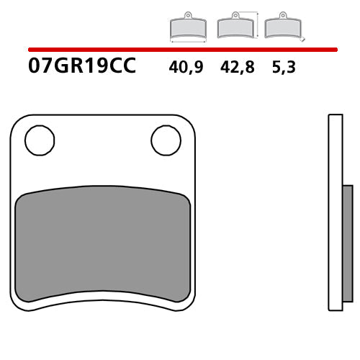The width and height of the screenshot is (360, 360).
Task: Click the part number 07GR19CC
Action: coord(81,68)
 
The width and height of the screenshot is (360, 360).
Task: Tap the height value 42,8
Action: coord(235,68)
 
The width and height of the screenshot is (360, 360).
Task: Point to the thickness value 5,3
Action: coord(283,68)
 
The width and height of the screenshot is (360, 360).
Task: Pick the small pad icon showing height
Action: coord(235,27)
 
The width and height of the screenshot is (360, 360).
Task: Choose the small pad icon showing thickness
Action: coord(282,27)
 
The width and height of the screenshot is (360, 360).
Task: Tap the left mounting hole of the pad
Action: coord(40,140)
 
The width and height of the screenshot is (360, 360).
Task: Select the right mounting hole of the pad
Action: coord(166,140)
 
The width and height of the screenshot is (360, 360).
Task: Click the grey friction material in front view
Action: coord(102,245)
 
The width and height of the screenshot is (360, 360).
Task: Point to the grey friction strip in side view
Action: coord(348,245)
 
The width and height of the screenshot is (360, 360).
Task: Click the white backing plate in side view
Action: coord(336,212)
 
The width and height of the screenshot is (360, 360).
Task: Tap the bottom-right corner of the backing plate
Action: coord(189,304)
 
